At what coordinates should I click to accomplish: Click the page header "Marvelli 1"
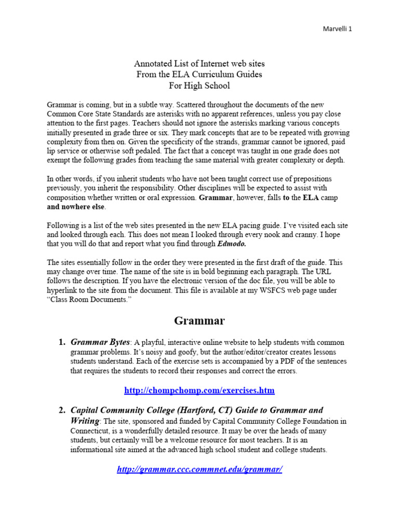[x=335, y=30]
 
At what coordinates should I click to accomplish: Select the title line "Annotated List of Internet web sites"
[x=199, y=64]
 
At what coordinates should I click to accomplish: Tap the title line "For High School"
[x=199, y=86]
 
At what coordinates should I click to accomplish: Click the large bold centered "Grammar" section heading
[x=199, y=320]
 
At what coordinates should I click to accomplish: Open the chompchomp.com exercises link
[x=199, y=390]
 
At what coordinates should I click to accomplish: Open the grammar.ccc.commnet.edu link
[x=199, y=469]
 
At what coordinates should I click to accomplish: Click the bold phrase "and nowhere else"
[x=76, y=206]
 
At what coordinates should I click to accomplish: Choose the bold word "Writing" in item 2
[x=85, y=421]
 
